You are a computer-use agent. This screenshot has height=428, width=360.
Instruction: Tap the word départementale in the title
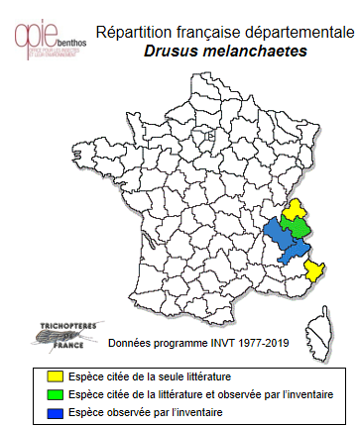click(294, 32)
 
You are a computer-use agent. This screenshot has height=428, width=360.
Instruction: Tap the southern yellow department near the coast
click(314, 269)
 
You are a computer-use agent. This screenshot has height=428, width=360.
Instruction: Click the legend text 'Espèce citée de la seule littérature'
click(146, 375)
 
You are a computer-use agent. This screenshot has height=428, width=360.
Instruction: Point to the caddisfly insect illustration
click(50, 336)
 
